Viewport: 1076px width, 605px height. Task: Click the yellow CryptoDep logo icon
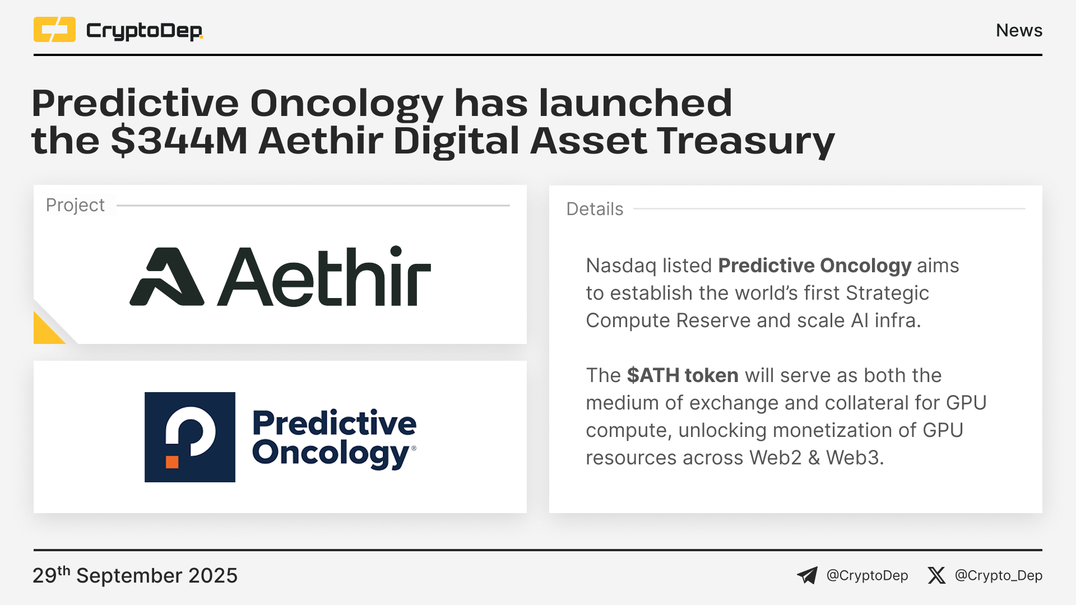coord(54,30)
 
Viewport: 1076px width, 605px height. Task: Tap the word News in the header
coord(1019,30)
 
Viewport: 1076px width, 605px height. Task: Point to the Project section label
coord(75,205)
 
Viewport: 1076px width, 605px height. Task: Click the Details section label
coord(595,209)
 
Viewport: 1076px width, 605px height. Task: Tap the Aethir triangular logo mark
coord(167,277)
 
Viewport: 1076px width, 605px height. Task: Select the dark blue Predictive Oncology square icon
coord(190,437)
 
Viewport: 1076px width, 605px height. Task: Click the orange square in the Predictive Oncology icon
coord(172,462)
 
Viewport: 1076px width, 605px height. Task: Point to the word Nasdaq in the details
coord(621,266)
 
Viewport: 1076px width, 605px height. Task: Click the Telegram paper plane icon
coord(808,575)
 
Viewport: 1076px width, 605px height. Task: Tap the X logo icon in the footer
coord(936,575)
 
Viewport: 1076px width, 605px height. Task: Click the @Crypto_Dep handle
coord(999,576)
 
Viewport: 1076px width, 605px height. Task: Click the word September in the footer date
coord(129,576)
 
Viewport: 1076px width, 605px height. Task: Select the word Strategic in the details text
coord(887,294)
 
